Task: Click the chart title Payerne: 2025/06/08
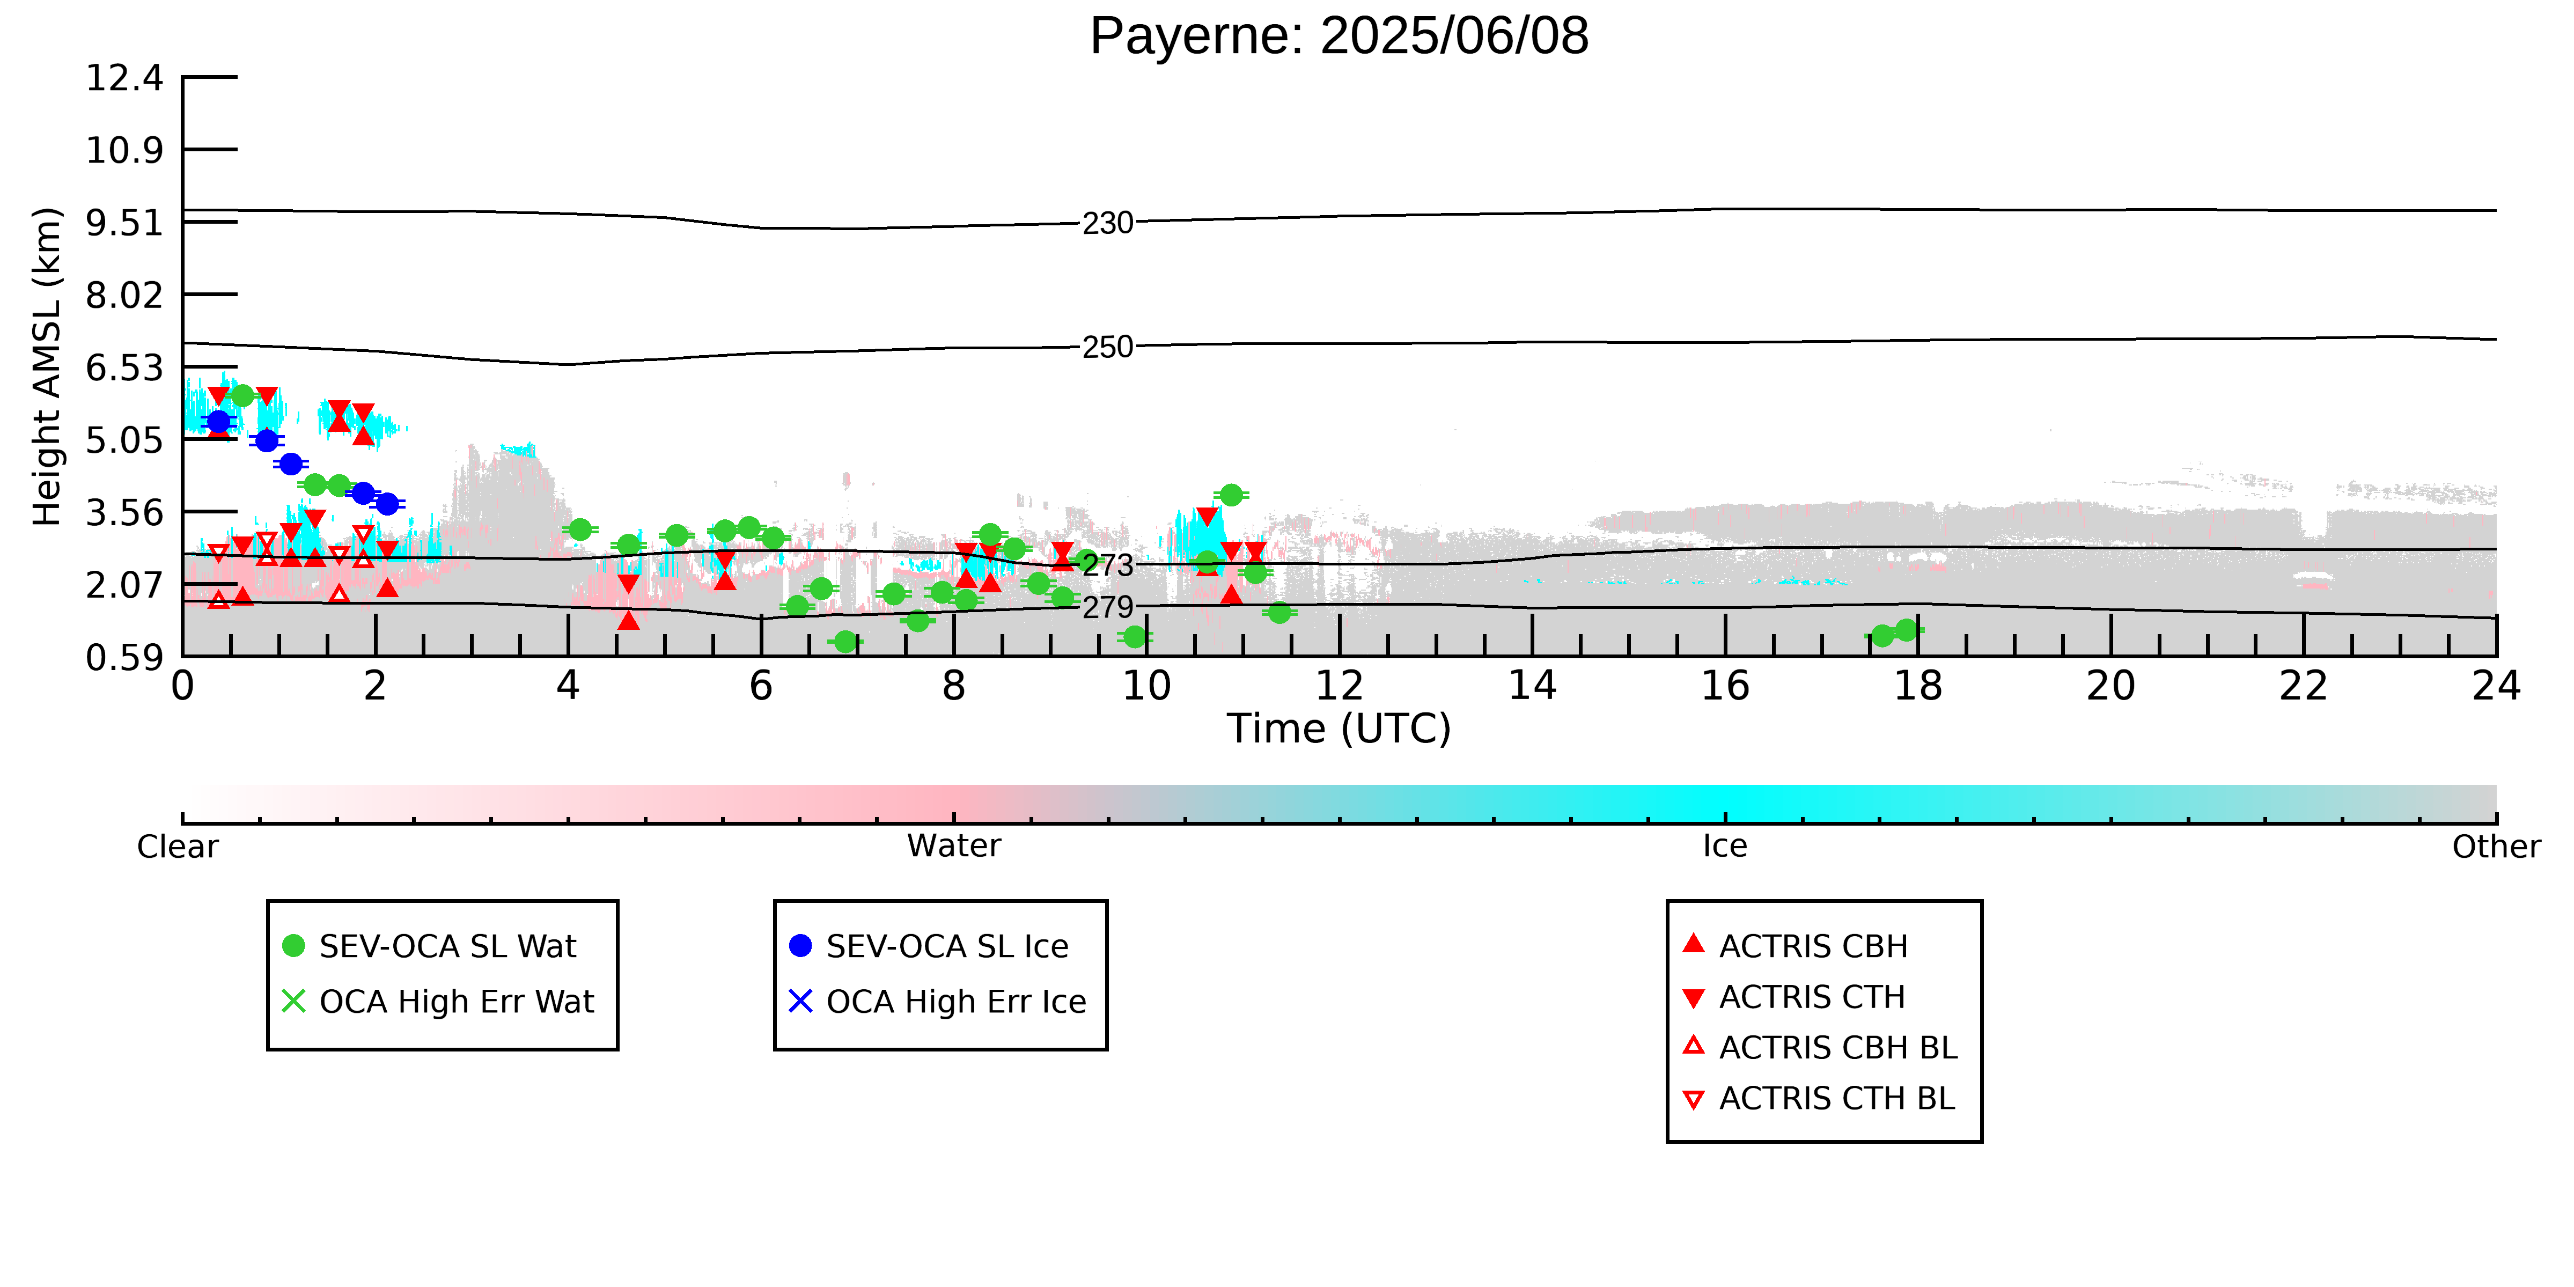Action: point(1339,37)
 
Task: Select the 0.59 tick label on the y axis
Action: point(124,658)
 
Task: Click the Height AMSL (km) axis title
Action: point(47,367)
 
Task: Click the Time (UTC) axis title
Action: point(1339,729)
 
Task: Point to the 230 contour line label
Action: point(1108,223)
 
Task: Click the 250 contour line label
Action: point(1108,347)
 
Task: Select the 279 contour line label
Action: point(1108,607)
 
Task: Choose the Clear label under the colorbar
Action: point(178,847)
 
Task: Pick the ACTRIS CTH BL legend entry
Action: point(1819,1098)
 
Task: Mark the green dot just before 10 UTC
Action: point(1134,636)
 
